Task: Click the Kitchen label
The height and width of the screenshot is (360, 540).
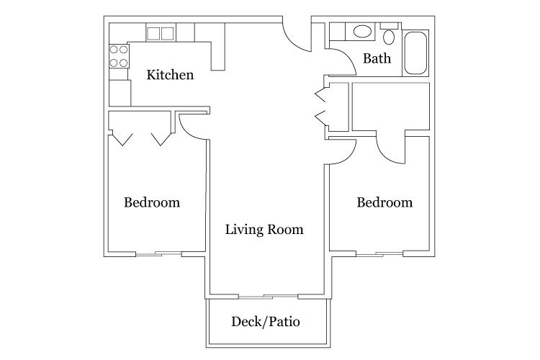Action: coord(170,75)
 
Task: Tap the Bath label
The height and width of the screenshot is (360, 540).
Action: coord(377,58)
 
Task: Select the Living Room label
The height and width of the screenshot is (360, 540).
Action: coord(264,230)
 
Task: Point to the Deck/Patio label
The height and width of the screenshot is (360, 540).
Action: coord(266,321)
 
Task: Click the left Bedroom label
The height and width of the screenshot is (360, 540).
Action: coord(152,202)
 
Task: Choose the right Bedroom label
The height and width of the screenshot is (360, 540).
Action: coord(384,202)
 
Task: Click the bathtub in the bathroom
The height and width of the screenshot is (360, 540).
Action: coord(415,53)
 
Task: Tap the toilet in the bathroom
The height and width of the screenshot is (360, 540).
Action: coord(389,34)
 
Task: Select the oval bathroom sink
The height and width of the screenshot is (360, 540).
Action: coord(362,32)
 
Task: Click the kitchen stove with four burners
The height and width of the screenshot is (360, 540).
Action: coord(119,56)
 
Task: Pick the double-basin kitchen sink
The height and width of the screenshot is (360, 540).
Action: coord(161,33)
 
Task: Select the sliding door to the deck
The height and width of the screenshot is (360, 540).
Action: coord(269,296)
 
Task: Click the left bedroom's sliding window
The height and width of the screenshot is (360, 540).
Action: coord(159,254)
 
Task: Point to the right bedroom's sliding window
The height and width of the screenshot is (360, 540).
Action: coord(379,254)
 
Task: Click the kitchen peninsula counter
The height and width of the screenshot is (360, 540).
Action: coord(217,47)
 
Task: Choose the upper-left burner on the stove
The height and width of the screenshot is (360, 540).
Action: coord(114,50)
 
